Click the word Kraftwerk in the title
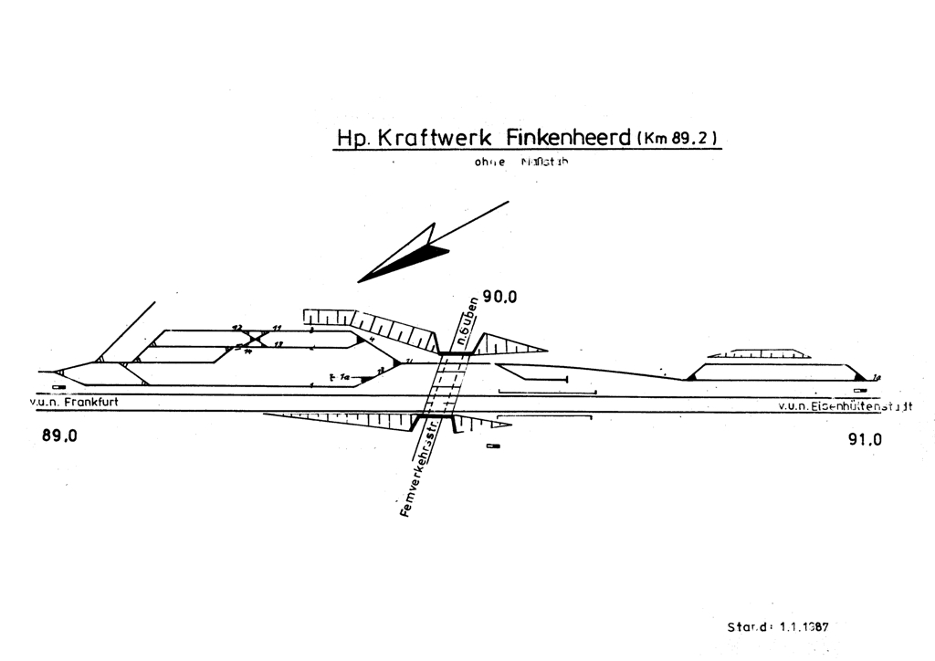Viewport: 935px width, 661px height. point(435,138)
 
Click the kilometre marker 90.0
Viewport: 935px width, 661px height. point(499,297)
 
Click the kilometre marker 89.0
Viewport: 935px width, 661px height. point(59,435)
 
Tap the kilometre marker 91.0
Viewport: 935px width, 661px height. point(865,439)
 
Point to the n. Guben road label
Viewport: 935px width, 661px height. point(468,322)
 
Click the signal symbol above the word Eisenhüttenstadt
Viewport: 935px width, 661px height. point(860,390)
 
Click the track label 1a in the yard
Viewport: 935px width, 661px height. point(344,375)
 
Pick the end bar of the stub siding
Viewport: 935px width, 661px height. point(566,378)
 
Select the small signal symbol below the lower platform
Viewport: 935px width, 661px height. point(494,446)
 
